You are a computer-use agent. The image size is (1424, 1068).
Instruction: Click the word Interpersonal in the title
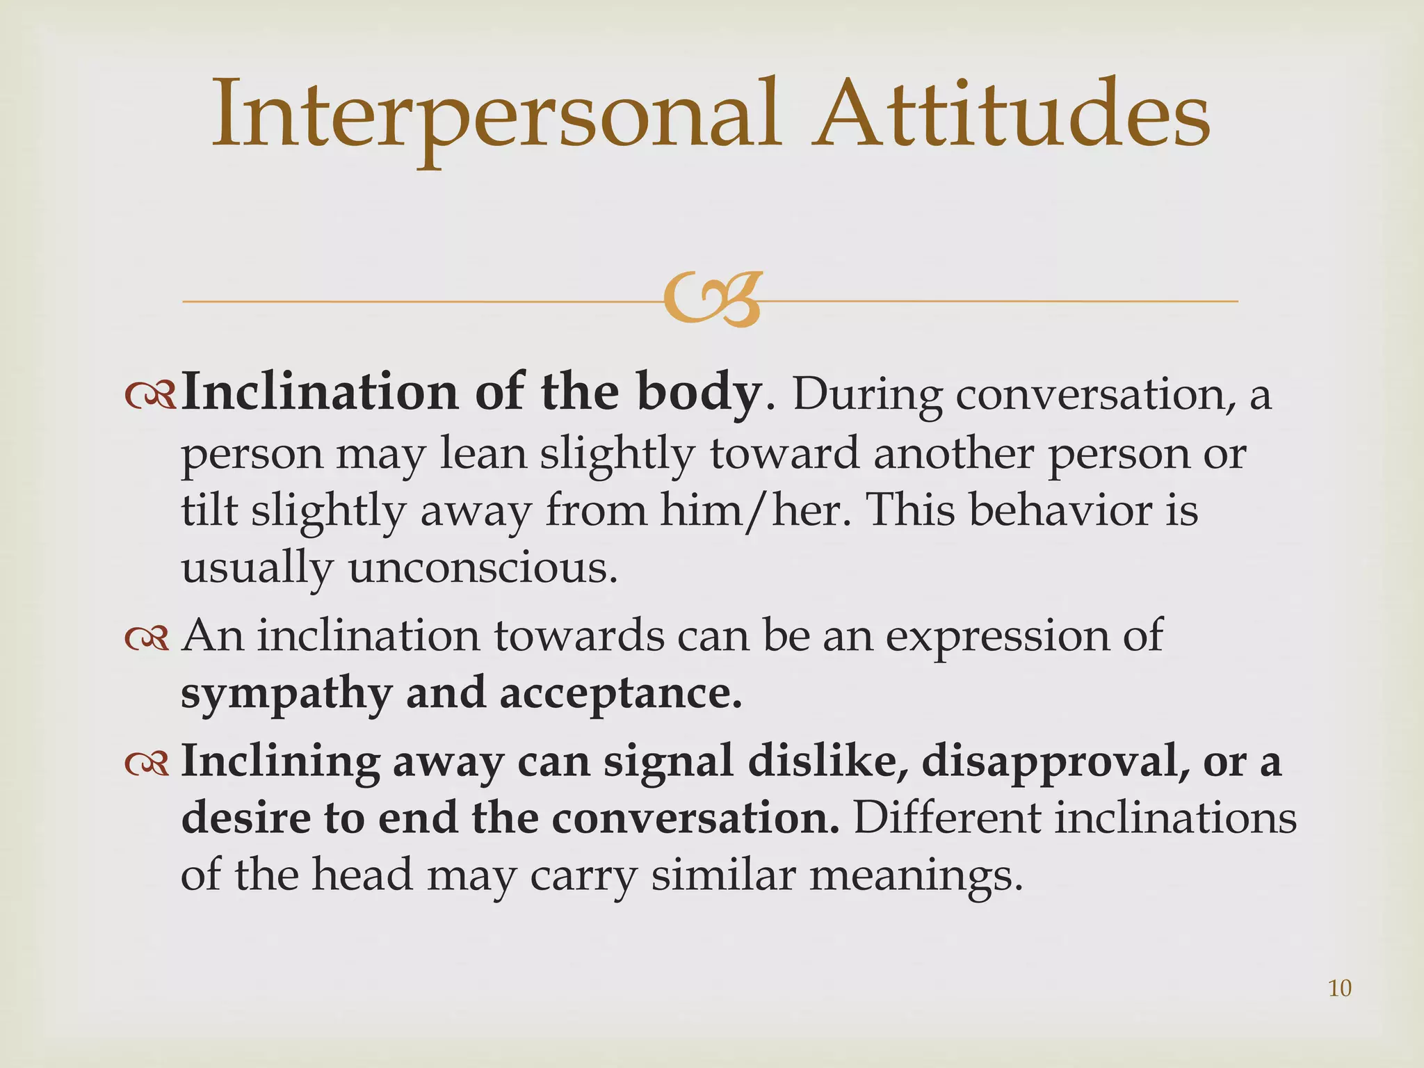tap(494, 115)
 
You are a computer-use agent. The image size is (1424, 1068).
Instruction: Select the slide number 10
tap(1339, 988)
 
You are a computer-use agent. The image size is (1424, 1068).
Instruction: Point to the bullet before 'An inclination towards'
tap(147, 639)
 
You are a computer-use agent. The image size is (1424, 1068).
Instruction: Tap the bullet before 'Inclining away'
tap(147, 763)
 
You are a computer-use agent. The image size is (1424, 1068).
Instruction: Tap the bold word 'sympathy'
tap(286, 695)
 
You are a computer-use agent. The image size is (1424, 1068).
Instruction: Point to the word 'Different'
tap(946, 818)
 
